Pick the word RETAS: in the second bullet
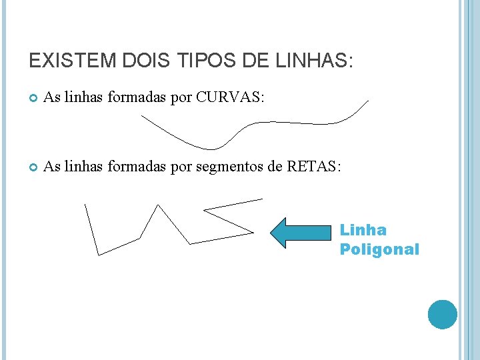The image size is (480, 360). [314, 166]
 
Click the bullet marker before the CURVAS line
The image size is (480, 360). [33, 99]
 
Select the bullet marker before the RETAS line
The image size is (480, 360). [33, 167]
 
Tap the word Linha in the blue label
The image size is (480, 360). [363, 231]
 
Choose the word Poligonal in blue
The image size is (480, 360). [379, 250]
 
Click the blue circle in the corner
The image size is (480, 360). [443, 314]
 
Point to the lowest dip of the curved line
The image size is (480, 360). [212, 149]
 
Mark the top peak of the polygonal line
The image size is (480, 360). [159, 205]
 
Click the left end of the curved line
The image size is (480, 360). [141, 116]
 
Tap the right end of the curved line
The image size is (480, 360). [368, 101]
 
